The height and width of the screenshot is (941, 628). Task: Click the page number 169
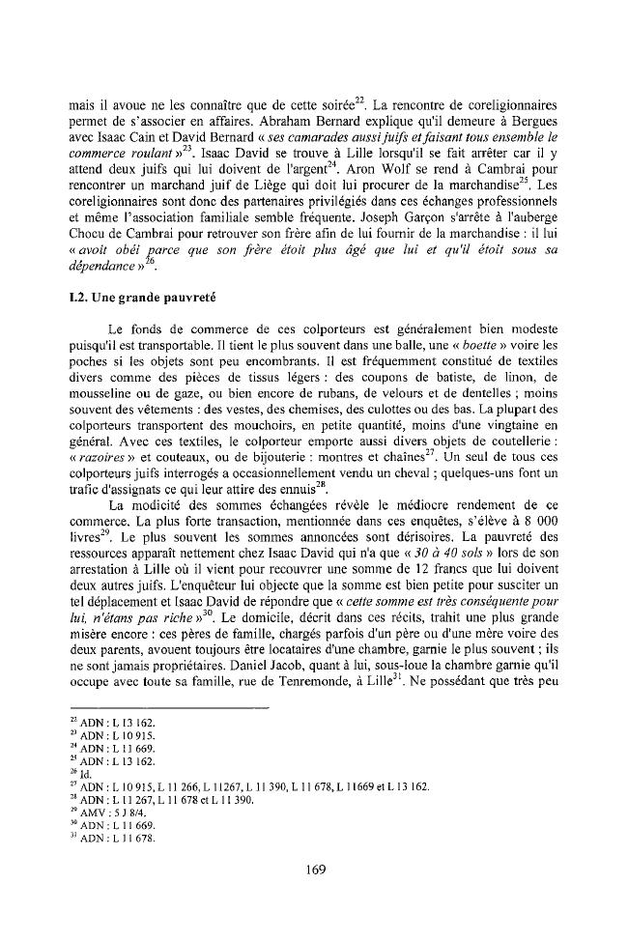pos(314,869)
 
